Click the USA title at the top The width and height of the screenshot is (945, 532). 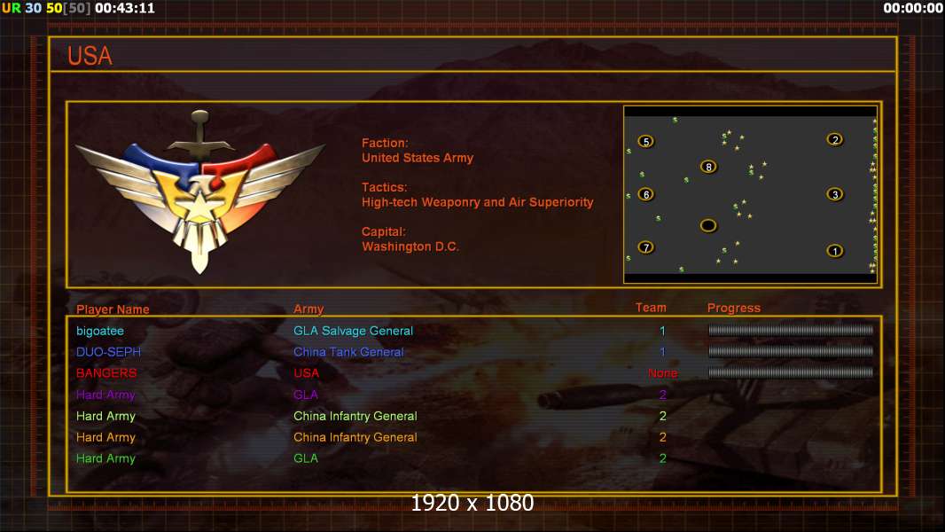pos(90,56)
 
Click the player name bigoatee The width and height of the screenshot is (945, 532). pos(100,331)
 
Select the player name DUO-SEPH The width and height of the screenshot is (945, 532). pos(108,352)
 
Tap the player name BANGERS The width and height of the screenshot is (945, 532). pos(106,373)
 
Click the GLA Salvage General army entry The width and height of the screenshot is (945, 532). pos(353,331)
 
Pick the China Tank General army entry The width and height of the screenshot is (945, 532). pos(348,352)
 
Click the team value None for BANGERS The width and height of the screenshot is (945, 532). pos(662,373)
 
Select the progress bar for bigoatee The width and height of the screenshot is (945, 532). pos(791,330)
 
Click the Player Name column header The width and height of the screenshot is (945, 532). pos(113,309)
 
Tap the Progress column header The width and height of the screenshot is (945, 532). pos(733,308)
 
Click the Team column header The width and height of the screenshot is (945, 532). pos(651,308)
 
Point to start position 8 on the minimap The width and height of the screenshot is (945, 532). pos(709,167)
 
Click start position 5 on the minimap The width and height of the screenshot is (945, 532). pos(646,142)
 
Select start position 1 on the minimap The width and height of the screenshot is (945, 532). pos(835,251)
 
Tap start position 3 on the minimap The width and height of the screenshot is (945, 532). pos(835,194)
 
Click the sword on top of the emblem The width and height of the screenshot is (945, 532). pos(199,134)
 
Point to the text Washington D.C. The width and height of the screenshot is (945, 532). pos(410,246)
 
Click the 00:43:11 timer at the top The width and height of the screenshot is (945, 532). pos(125,9)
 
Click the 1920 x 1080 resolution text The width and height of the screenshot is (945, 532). pos(472,503)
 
